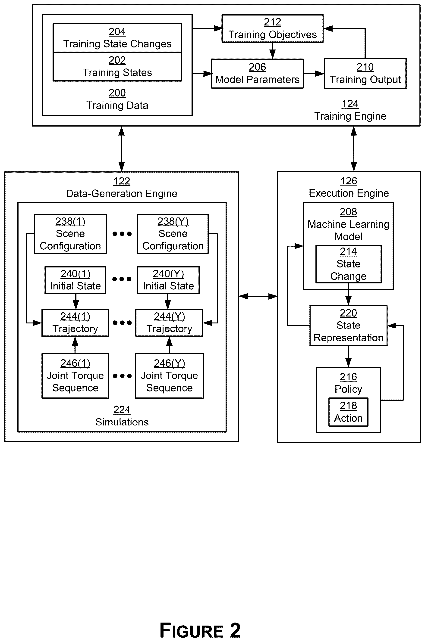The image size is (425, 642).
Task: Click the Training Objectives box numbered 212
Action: pyautogui.click(x=272, y=28)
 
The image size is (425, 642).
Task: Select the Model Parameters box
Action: pyautogui.click(x=257, y=74)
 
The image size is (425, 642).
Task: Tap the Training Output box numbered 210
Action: pyautogui.click(x=365, y=73)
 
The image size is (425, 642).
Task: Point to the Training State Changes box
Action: pyautogui.click(x=117, y=38)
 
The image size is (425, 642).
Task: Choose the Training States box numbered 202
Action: pyautogui.click(x=117, y=67)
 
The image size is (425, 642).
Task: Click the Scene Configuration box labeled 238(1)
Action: pyautogui.click(x=70, y=234)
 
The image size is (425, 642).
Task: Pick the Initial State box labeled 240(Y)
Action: pyautogui.click(x=168, y=280)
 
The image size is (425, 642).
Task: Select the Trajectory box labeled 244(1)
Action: pyautogui.click(x=75, y=323)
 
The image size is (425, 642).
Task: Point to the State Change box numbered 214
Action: pyautogui.click(x=348, y=264)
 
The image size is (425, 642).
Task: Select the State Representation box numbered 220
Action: pyautogui.click(x=348, y=326)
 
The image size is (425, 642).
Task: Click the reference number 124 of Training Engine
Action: pyautogui.click(x=350, y=104)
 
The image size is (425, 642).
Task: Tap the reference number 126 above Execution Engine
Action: pyautogui.click(x=349, y=181)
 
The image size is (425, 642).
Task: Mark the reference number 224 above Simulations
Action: pyautogui.click(x=122, y=410)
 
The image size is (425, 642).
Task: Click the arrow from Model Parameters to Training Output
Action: pyautogui.click(x=314, y=73)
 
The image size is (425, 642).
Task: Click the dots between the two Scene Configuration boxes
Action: pyautogui.click(x=122, y=234)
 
